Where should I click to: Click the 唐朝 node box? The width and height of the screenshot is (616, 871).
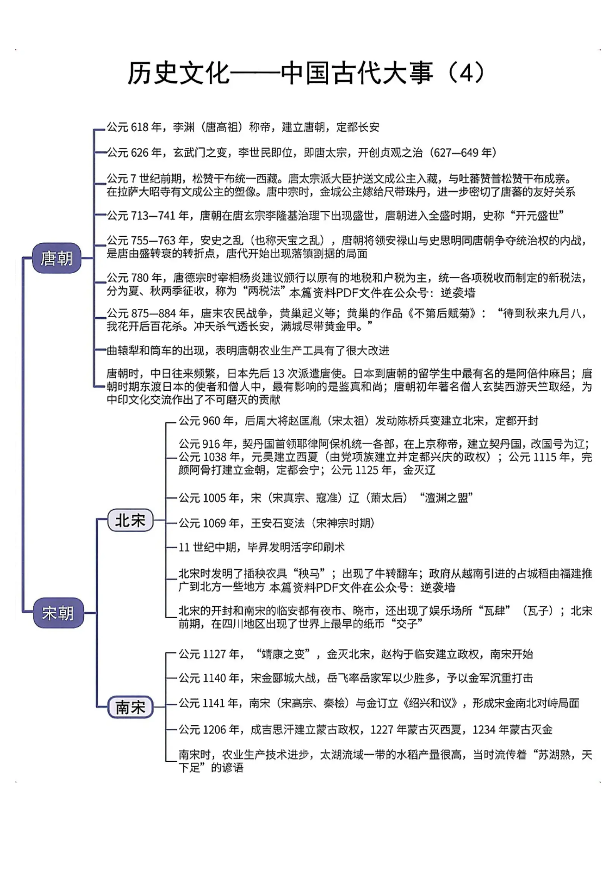57,258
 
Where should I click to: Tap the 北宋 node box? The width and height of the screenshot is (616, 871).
130,520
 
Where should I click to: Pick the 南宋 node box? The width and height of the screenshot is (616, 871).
130,707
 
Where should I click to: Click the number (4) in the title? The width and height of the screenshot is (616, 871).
466,72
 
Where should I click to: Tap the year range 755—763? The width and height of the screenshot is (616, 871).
153,240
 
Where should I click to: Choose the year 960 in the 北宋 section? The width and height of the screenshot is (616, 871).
211,421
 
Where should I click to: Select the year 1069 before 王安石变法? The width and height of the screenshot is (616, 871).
215,523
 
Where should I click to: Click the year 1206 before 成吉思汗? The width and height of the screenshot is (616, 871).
215,729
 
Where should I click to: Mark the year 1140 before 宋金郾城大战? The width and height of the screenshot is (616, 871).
215,678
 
